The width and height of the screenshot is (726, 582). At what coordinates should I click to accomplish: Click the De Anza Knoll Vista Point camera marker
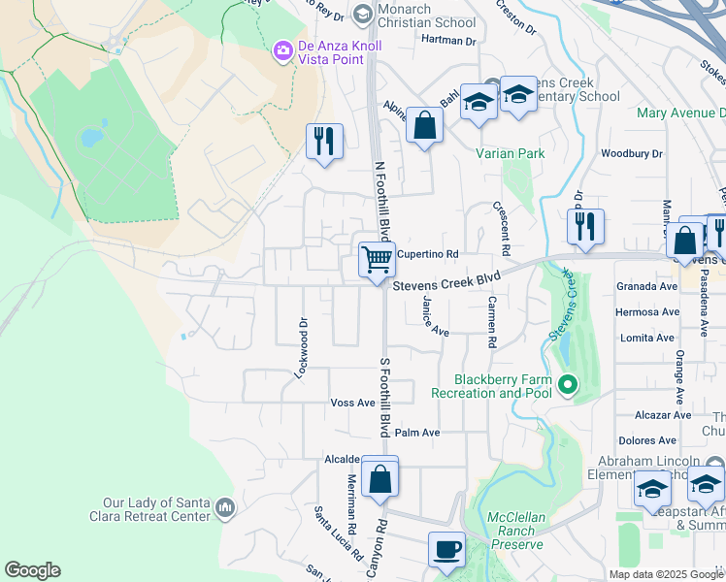point(283,49)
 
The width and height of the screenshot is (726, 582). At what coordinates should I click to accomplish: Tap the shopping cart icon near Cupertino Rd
point(377,259)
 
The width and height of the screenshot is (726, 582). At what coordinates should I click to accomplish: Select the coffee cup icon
point(446,549)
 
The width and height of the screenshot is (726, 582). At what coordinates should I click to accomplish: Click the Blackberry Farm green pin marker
point(567,386)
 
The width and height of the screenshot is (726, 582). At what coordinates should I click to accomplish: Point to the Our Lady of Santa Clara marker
point(225,507)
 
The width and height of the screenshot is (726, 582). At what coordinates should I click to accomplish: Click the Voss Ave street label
point(352,403)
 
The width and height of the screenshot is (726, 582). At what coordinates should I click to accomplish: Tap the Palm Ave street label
point(417,433)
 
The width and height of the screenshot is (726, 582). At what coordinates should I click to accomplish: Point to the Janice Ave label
point(433,317)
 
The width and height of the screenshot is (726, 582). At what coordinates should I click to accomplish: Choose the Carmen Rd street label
point(492,322)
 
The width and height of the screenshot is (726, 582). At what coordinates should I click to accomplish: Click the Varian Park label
point(511,153)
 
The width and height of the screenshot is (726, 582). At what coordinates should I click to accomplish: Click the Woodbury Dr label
point(631,153)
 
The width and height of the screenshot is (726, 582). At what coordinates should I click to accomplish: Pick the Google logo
point(32,570)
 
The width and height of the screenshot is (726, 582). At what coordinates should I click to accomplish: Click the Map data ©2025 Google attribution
point(665,574)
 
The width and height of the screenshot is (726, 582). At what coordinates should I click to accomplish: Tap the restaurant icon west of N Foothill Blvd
point(324,142)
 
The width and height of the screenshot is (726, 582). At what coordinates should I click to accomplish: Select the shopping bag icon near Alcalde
point(380,477)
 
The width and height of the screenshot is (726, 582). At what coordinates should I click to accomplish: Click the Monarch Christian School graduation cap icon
point(362,13)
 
